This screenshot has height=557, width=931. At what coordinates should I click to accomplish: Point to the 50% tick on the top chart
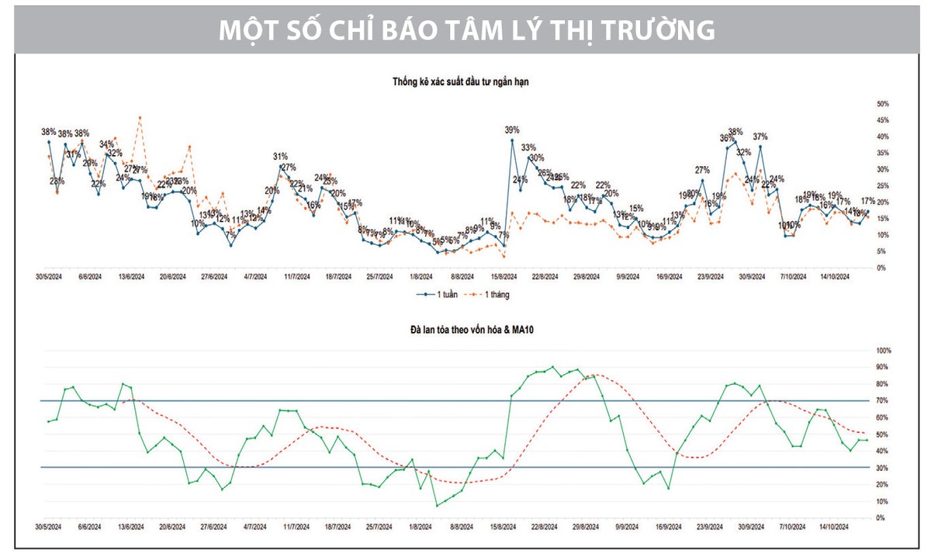[x=883, y=103]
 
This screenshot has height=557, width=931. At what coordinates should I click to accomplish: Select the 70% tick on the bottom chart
[x=883, y=401]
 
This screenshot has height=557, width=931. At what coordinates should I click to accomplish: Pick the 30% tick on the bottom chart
[x=883, y=468]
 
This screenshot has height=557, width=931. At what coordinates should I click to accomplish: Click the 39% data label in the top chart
[x=512, y=130]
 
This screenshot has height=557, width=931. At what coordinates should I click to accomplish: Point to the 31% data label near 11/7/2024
[x=280, y=157]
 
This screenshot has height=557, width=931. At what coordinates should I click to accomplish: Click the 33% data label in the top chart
[x=528, y=147]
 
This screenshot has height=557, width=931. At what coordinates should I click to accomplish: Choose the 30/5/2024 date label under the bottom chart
[x=48, y=528]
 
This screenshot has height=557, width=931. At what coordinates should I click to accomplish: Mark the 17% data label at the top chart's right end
[x=869, y=201]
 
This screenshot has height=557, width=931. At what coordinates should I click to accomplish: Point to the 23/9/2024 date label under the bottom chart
[x=711, y=528]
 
